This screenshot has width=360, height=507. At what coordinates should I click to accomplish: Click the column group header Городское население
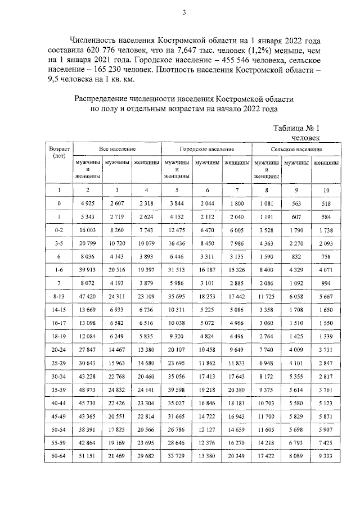coord(206,150)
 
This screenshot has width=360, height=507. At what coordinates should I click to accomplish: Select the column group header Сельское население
coord(296,150)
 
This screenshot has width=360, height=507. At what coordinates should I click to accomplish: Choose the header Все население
coord(117,150)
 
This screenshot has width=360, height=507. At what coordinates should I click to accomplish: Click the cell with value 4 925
coord(87,203)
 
